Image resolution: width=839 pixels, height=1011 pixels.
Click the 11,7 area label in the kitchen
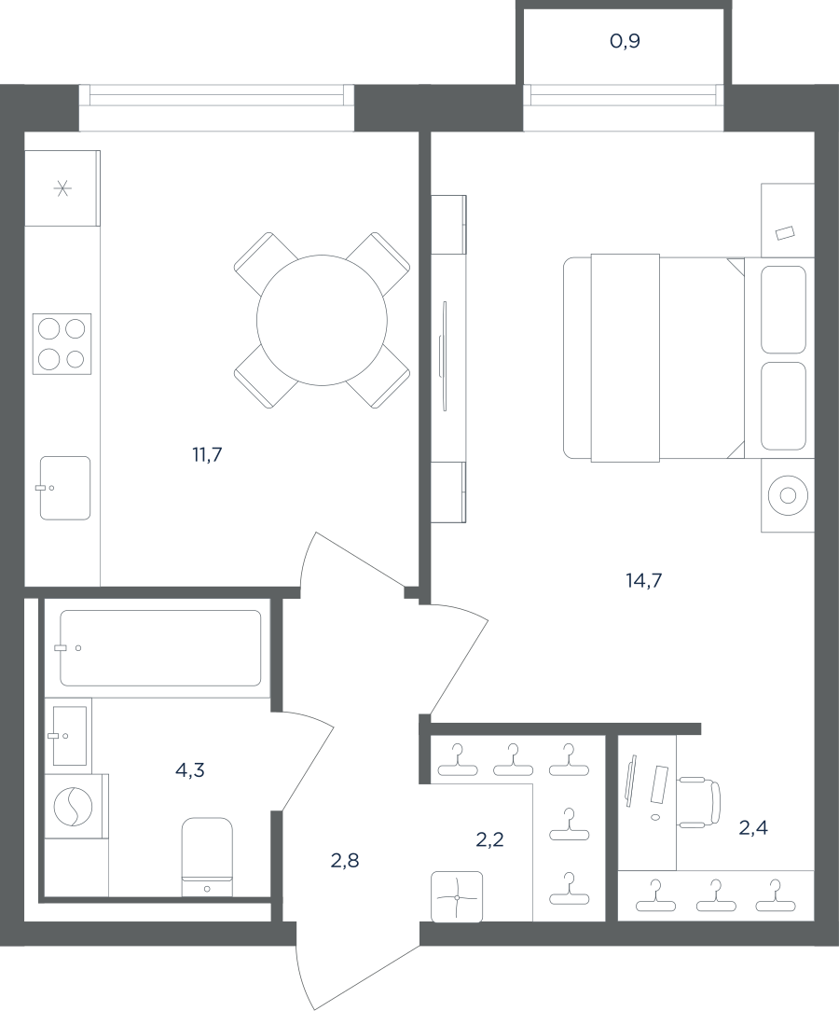207,455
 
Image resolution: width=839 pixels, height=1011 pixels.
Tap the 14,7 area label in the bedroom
644,581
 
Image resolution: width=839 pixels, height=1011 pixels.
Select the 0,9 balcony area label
625,42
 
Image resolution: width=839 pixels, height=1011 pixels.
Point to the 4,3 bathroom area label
190,769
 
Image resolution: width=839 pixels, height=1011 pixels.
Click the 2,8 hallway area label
345,860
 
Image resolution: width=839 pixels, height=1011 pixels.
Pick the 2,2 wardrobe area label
489,839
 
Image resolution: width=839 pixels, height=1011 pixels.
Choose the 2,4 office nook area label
753,828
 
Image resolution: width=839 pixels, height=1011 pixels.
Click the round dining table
322,320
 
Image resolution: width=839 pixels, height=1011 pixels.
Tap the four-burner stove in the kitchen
62,342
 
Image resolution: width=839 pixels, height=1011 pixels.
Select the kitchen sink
65,488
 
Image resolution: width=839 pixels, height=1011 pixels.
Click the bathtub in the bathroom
160,648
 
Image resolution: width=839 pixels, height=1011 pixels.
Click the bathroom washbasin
69,735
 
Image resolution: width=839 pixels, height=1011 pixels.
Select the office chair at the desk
699,801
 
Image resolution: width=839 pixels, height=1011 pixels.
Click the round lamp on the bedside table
788,495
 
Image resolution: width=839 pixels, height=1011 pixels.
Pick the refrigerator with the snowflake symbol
62,187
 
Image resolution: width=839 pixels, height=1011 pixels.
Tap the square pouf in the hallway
457,897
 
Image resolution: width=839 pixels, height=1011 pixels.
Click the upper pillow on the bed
783,310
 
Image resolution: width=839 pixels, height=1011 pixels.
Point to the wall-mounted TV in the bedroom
444,355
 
